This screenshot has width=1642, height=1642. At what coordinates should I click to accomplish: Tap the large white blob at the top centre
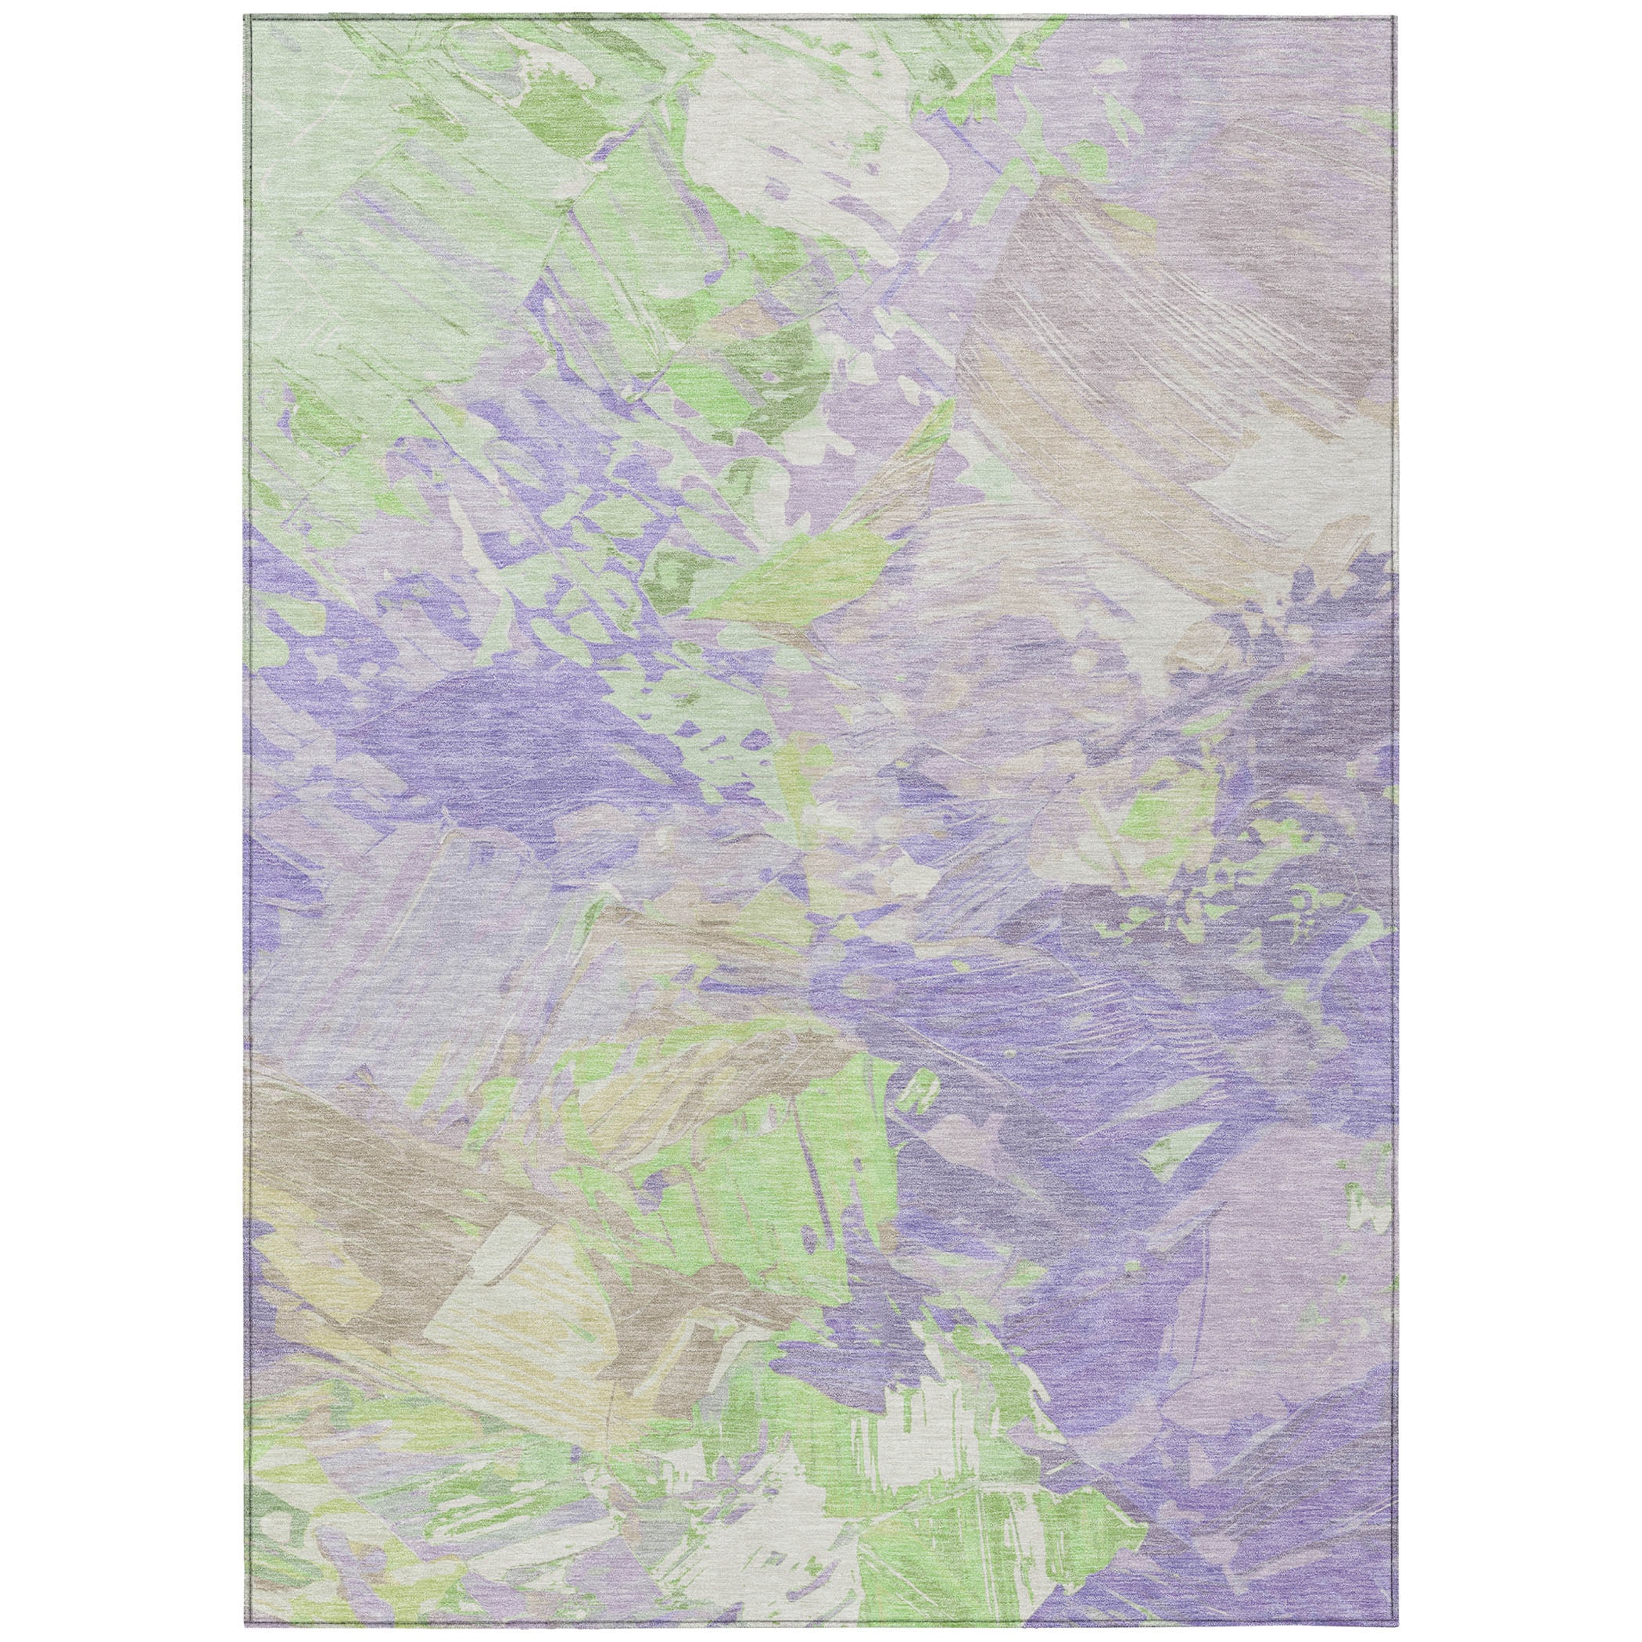click(748, 145)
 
